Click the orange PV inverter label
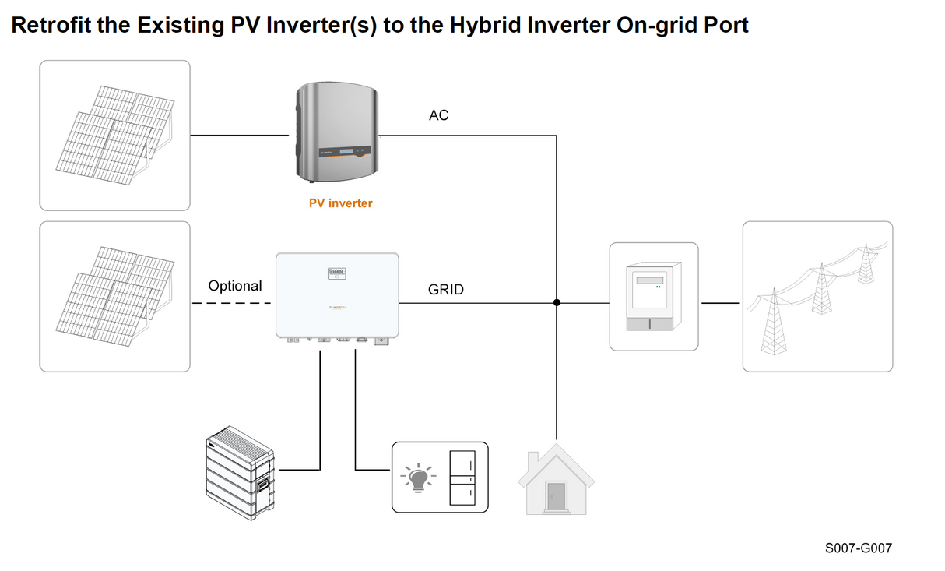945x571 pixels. click(340, 203)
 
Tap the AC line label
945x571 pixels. click(438, 115)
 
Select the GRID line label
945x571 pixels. click(445, 290)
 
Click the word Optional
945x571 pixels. click(234, 286)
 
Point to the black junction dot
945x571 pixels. click(557, 302)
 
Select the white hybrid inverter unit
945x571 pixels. click(336, 296)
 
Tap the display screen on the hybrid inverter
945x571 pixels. click(337, 273)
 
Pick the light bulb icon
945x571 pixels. click(418, 477)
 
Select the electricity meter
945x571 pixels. click(653, 296)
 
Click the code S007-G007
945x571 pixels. click(858, 548)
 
